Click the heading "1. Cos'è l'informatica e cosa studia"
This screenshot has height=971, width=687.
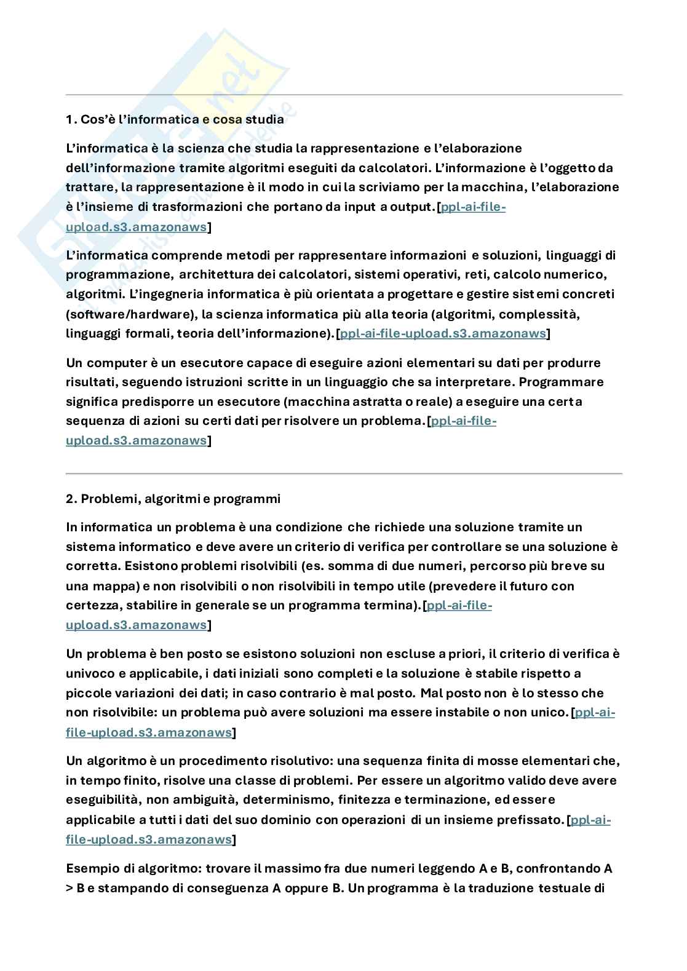[x=175, y=119]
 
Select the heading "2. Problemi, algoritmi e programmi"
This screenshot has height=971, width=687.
[x=173, y=499]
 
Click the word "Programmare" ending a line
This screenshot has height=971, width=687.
[x=562, y=382]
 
